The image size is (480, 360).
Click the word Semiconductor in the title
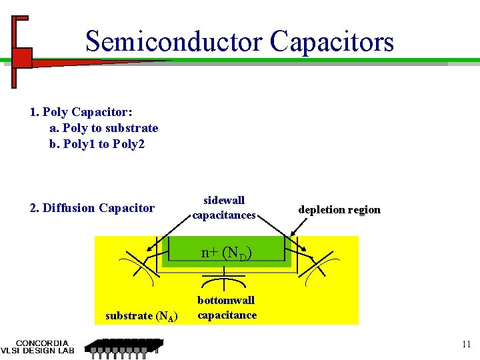coord(175,41)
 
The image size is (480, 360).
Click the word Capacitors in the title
coord(332,41)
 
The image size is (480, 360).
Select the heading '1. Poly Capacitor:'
coord(77,112)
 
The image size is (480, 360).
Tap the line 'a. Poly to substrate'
coord(104,128)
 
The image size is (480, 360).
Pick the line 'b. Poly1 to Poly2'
coord(97,143)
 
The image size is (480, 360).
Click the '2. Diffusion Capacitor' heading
coord(92,208)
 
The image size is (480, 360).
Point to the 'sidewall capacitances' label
coord(224,207)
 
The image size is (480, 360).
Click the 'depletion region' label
coord(339,209)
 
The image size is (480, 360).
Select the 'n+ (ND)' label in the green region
coord(227,253)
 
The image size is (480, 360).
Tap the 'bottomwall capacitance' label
coord(227,307)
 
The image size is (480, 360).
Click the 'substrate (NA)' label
coord(141,316)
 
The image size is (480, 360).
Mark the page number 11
coord(466,344)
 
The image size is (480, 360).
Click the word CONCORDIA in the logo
coord(46,343)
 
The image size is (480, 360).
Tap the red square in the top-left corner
coord(23,57)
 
